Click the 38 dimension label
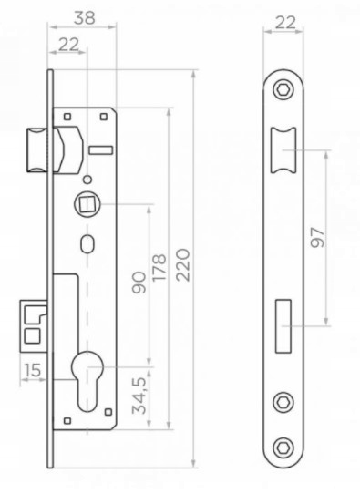84,18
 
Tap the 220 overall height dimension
183,265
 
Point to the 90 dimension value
139,283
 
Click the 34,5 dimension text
139,395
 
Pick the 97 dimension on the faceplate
317,238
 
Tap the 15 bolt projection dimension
33,370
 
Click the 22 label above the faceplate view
285,23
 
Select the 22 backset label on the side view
69,45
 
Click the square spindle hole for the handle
85,204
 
